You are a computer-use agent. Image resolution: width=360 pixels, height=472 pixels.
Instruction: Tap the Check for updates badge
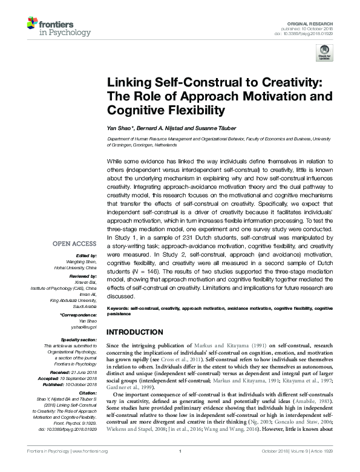point(324,52)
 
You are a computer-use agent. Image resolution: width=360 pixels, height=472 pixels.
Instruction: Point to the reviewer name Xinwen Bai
point(85,281)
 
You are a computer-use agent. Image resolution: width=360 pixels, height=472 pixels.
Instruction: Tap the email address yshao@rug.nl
point(83,327)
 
